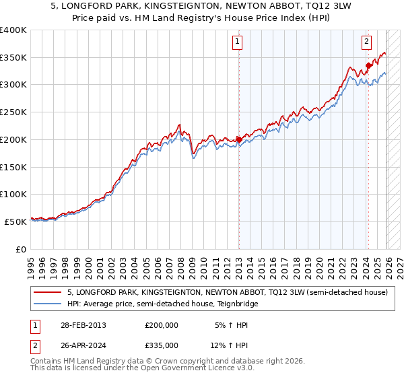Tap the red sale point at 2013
pos(238,139)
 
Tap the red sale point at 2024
pos(368,65)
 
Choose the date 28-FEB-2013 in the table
pos(83,324)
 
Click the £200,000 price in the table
pos(161,324)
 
